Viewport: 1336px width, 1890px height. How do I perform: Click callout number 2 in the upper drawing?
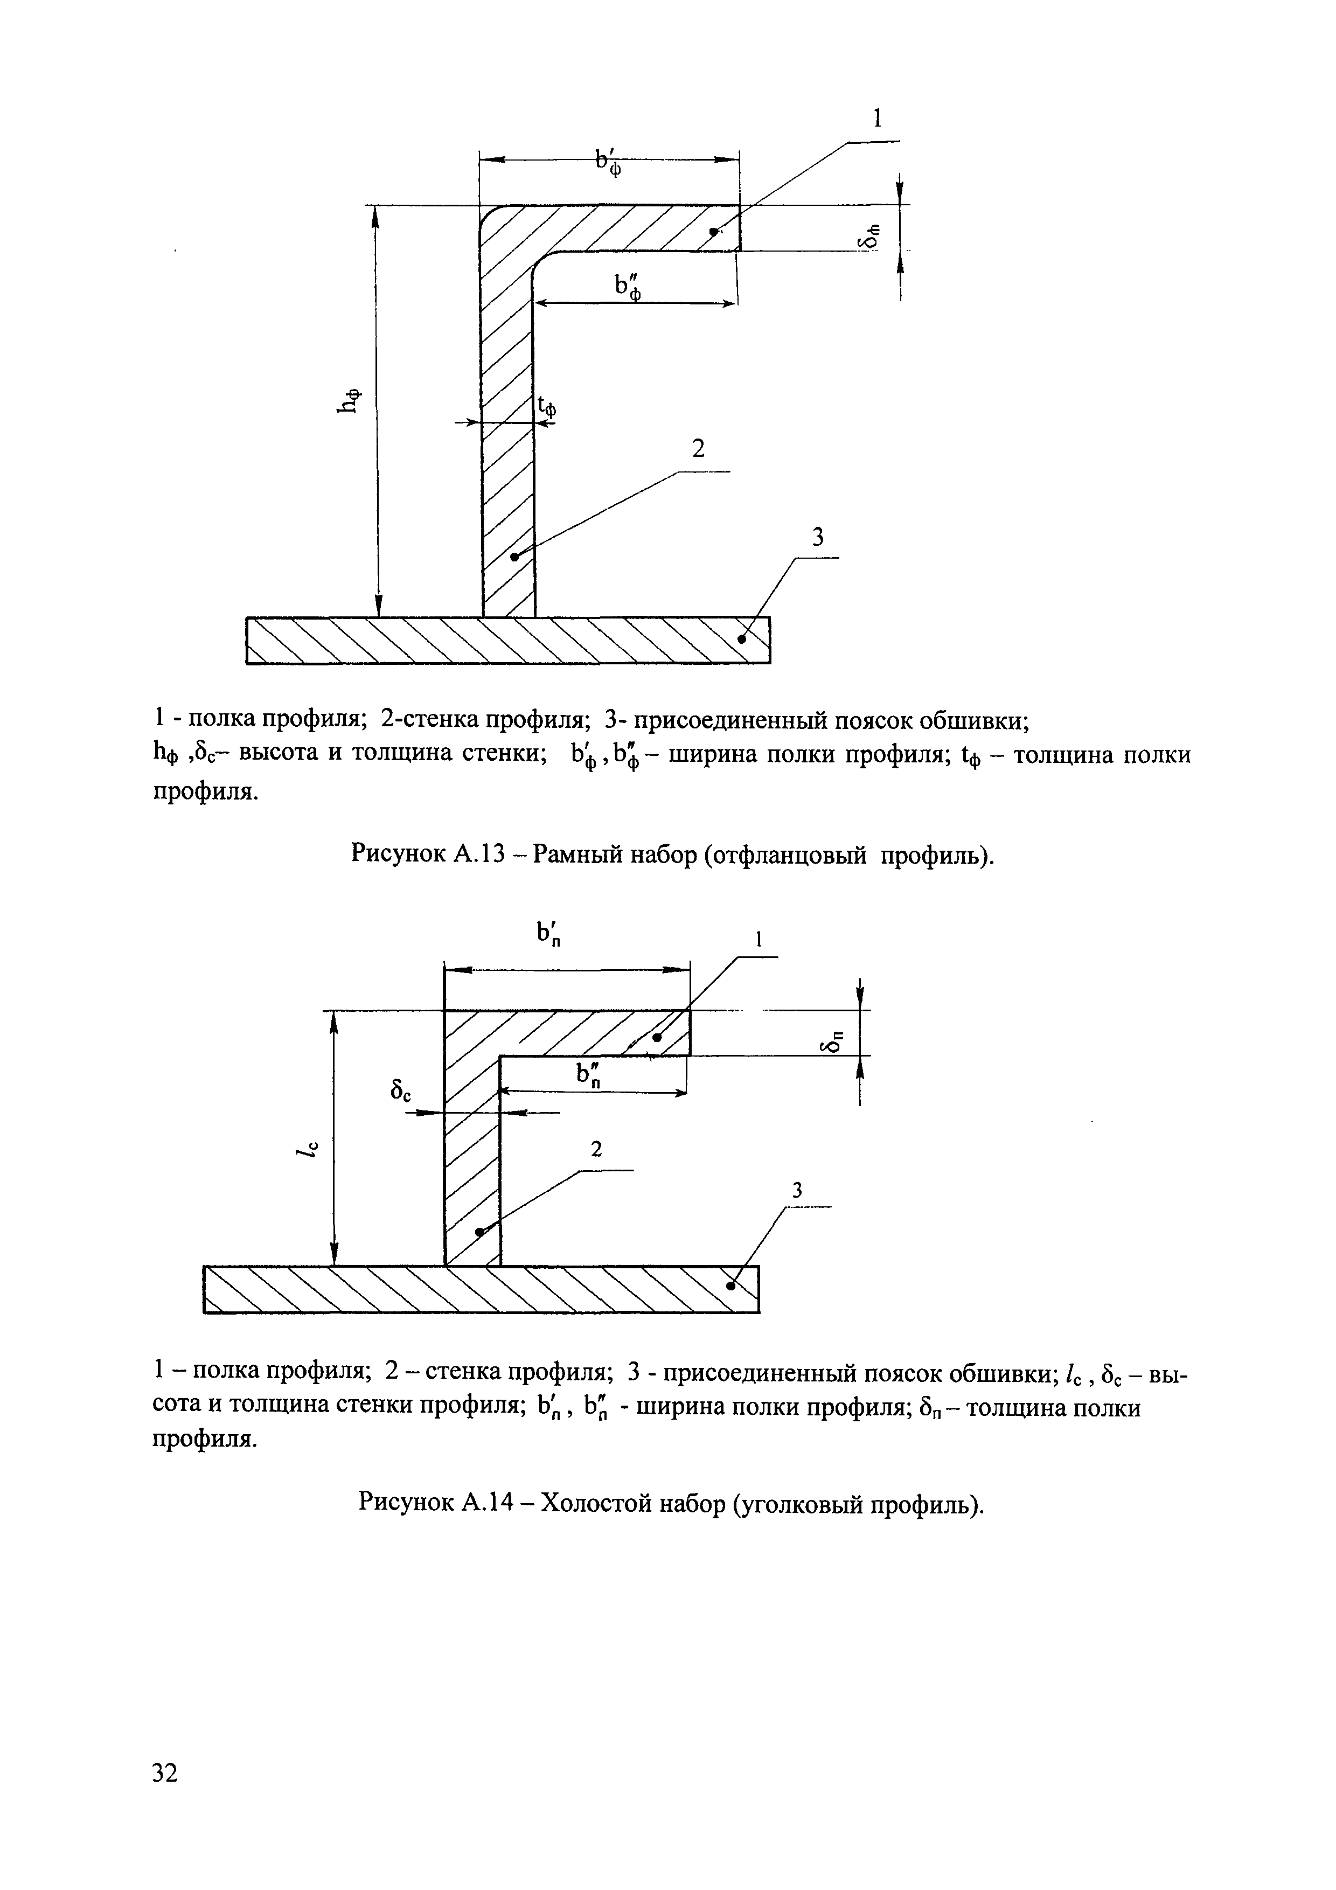click(698, 449)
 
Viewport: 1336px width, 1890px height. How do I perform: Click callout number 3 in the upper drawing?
click(817, 538)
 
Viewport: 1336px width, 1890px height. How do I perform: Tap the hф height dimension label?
click(351, 400)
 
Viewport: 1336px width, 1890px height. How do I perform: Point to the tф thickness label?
click(547, 406)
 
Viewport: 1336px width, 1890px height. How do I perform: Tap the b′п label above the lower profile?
click(549, 934)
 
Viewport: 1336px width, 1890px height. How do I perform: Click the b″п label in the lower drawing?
click(589, 1074)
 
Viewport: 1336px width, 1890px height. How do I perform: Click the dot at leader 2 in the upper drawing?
click(513, 557)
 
